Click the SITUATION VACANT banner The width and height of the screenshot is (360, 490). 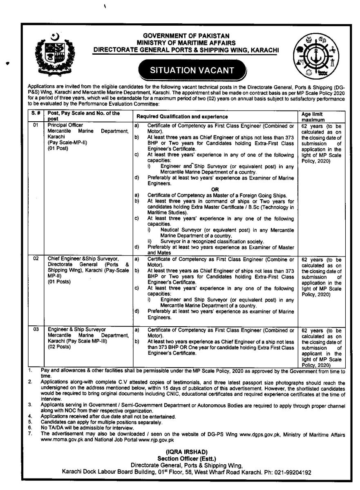click(192, 70)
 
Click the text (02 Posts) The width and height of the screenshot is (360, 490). click(59, 347)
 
